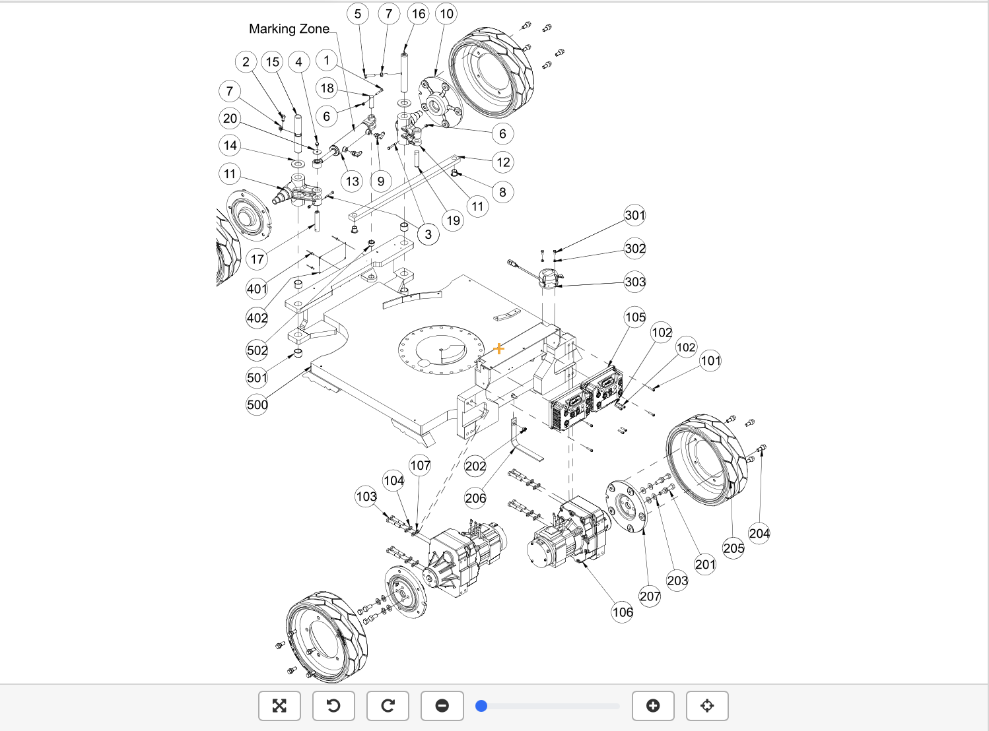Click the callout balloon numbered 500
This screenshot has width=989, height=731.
tap(257, 404)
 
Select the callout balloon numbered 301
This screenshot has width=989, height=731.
tap(634, 215)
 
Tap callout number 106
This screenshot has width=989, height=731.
tap(623, 612)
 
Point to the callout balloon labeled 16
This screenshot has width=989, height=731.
tap(419, 14)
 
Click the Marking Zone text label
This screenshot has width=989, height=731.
tap(289, 28)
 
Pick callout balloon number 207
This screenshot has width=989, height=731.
tap(650, 596)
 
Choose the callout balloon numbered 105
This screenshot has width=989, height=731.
tap(635, 317)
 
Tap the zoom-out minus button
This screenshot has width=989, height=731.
tap(442, 705)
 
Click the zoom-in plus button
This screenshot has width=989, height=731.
tap(653, 705)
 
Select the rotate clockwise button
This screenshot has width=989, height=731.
tap(388, 705)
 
